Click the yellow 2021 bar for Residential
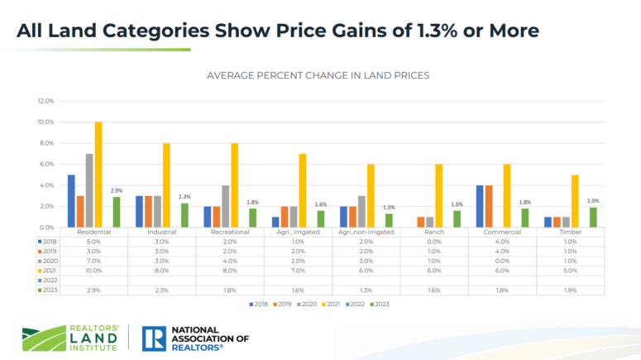pos(98,175)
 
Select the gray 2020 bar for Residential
pos(89,190)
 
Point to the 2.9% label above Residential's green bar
pos(116,190)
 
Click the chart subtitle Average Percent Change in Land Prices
pos(318,75)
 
